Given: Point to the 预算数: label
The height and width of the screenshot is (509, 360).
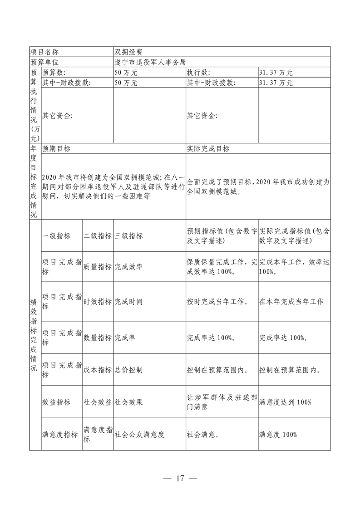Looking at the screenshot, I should click(x=54, y=72).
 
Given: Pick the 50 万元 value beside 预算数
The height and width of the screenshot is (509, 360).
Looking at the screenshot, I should click(x=126, y=72).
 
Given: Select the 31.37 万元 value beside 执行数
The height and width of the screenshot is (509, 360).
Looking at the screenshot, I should click(x=276, y=72).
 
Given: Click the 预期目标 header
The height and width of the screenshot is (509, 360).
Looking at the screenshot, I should click(x=56, y=149).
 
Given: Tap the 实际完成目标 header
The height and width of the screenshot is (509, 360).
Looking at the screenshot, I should click(x=208, y=149).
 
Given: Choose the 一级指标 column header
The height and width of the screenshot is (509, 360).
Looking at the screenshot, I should click(x=56, y=236).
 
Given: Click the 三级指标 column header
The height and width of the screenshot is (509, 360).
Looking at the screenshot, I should click(x=129, y=236).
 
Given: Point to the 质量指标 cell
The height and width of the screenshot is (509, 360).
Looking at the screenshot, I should click(x=98, y=267).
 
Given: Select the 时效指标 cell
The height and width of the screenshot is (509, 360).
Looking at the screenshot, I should click(x=98, y=301).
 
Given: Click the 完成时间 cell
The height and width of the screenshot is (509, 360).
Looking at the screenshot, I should click(x=129, y=301).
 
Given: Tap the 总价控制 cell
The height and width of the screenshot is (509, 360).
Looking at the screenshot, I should click(x=129, y=370).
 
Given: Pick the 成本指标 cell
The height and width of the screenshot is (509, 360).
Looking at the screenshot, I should click(x=98, y=370).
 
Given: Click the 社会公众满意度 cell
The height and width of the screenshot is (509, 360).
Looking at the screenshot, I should click(x=139, y=434).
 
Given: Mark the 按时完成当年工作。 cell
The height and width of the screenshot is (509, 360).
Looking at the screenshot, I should click(x=217, y=301).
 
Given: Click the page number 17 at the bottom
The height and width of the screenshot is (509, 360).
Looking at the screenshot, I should click(x=180, y=478).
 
